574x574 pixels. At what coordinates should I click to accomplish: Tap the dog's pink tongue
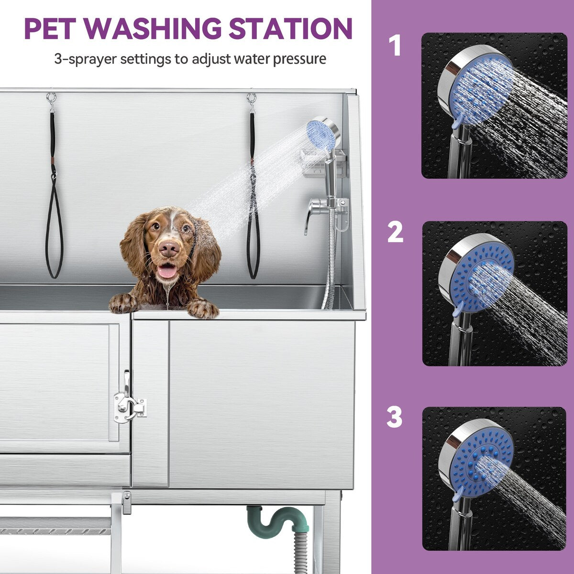(167, 271)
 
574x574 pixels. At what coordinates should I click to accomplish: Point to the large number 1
(394, 46)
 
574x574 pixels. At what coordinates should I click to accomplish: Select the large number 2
(395, 232)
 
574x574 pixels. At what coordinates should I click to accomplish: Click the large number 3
(395, 418)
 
